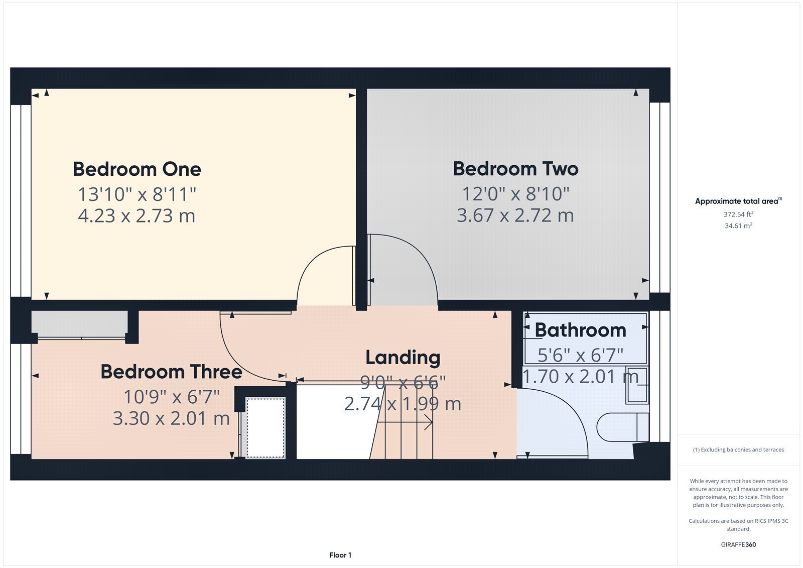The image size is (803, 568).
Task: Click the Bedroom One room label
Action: pyautogui.click(x=137, y=169)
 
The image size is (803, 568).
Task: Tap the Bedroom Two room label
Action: pyautogui.click(x=515, y=169)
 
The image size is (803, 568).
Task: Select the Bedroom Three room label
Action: pyautogui.click(x=171, y=371)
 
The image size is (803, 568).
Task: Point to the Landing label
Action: pyautogui.click(x=403, y=358)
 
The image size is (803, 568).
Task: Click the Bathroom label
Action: pyautogui.click(x=580, y=330)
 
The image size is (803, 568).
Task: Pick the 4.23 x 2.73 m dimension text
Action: pyautogui.click(x=137, y=216)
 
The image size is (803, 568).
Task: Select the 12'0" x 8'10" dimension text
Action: pyautogui.click(x=515, y=194)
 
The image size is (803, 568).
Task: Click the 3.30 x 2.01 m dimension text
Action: pyautogui.click(x=171, y=418)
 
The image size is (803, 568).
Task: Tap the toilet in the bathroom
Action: pyautogui.click(x=623, y=427)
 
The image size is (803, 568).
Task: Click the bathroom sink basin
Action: pyautogui.click(x=637, y=385)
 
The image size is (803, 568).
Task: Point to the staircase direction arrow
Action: pyautogui.click(x=405, y=422)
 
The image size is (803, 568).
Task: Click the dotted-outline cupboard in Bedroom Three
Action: pyautogui.click(x=265, y=427)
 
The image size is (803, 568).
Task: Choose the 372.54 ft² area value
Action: pyautogui.click(x=738, y=214)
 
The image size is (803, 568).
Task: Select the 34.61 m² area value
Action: pyautogui.click(x=738, y=225)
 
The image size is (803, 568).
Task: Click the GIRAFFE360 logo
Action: pyautogui.click(x=738, y=544)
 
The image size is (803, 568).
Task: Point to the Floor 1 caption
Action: pyautogui.click(x=340, y=555)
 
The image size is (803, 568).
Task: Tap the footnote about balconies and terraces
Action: pyautogui.click(x=738, y=449)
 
